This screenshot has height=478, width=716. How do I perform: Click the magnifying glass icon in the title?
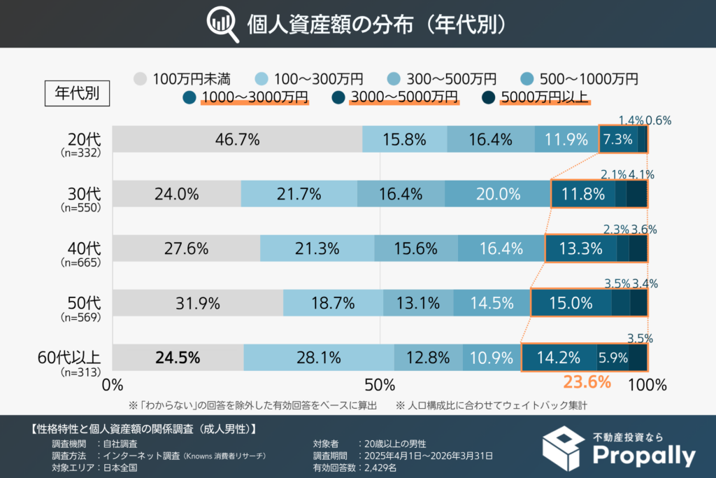coord(222,24)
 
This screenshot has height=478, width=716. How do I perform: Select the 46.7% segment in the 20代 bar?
coord(237,139)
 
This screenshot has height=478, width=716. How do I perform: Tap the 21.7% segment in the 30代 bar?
coord(299,194)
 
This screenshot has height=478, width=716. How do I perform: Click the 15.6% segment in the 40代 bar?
coord(416,248)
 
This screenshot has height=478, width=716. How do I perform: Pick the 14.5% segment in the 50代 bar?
coord(492,303)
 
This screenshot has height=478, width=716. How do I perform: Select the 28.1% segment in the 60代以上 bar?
coord(318,358)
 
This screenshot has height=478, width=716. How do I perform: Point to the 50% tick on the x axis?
coord(380,385)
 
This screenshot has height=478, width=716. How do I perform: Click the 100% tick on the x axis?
coord(646,385)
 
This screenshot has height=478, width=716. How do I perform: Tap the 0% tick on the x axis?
coord(113,385)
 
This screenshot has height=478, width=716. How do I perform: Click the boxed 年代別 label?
coord(77,92)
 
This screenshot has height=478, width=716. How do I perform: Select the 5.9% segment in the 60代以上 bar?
coord(612,358)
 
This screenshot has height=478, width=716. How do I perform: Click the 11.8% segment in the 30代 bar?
coord(583,194)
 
